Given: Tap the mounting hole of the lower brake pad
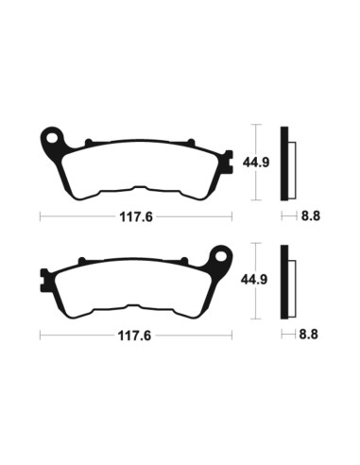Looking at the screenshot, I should (222, 255).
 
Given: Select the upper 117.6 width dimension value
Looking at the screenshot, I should (136, 215).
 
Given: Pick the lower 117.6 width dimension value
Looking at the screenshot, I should (136, 335).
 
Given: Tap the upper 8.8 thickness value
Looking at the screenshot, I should (309, 215).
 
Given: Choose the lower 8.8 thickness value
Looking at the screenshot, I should (309, 335).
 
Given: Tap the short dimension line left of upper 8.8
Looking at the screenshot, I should (287, 215).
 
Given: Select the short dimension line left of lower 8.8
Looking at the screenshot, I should (287, 335).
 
